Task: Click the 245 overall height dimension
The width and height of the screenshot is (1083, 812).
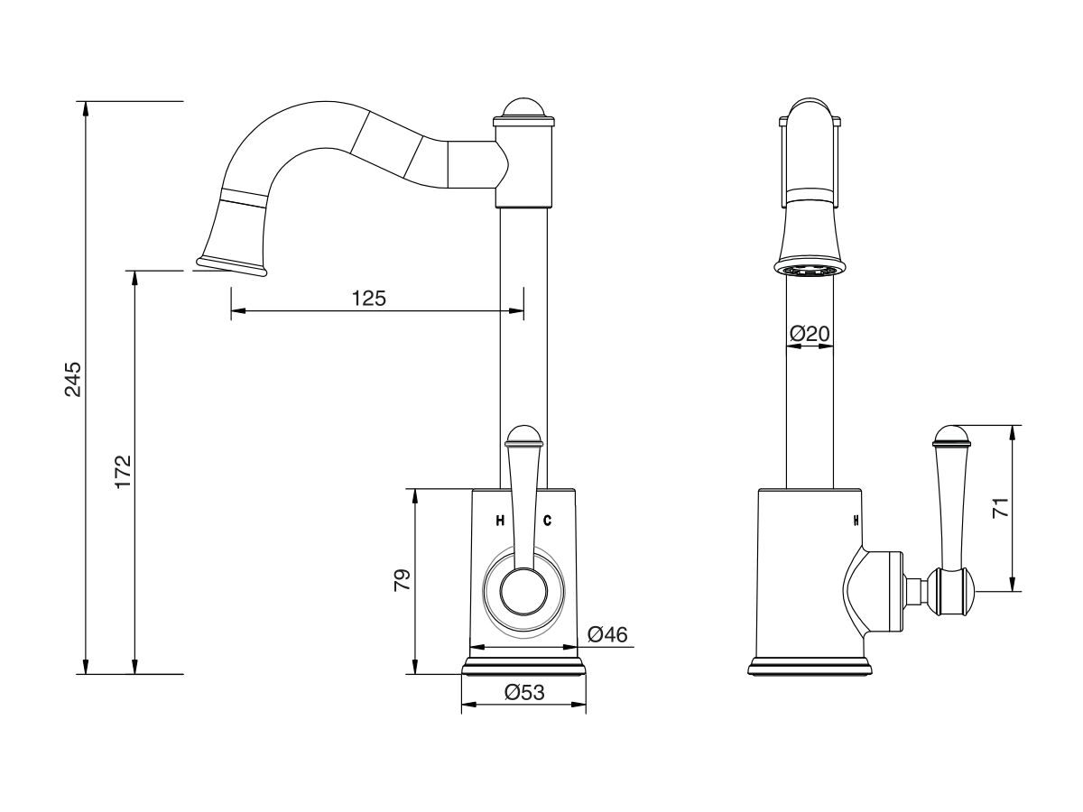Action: [73, 379]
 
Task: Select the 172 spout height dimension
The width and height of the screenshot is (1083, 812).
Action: [123, 471]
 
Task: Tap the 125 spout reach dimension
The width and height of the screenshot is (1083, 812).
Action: [368, 299]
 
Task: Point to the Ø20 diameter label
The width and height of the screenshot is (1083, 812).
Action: [810, 334]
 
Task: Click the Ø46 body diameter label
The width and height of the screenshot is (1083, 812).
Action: [607, 634]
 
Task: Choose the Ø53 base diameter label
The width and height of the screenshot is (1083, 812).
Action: [524, 693]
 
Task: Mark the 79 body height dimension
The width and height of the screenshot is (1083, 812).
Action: [403, 580]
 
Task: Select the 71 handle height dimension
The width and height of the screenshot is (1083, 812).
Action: [1001, 507]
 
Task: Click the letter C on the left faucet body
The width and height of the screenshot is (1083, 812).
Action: [547, 521]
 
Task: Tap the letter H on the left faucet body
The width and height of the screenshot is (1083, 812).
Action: [500, 521]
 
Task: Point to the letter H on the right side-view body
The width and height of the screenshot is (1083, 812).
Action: [856, 521]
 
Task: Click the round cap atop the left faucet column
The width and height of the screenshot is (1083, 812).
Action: [524, 108]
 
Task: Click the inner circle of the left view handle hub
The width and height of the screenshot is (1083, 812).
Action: [523, 592]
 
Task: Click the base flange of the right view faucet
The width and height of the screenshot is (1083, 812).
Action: [810, 666]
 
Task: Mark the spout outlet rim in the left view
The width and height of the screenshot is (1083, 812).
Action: [231, 266]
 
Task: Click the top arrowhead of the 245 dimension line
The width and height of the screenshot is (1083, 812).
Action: [87, 108]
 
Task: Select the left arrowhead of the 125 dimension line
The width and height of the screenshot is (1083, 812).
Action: [238, 311]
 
